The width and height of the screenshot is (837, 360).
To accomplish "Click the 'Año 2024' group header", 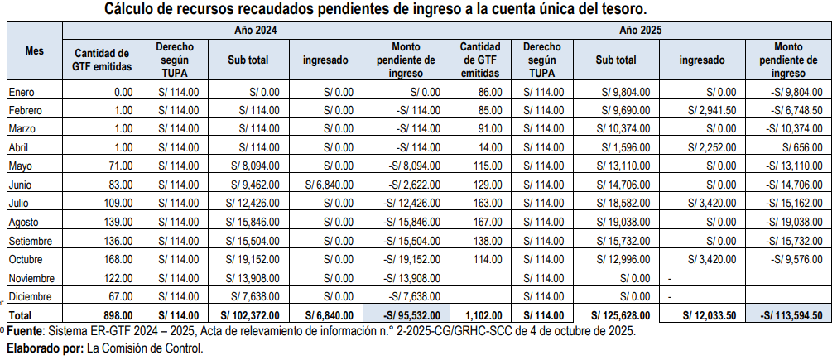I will point(253,30).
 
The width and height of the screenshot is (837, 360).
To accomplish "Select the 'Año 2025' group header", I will point(640,30).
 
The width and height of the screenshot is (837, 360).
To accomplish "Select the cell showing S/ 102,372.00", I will point(255,314).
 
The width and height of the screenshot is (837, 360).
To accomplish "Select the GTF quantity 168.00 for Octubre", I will point(118,259).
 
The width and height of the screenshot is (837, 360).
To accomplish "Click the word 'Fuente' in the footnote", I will point(26,331).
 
